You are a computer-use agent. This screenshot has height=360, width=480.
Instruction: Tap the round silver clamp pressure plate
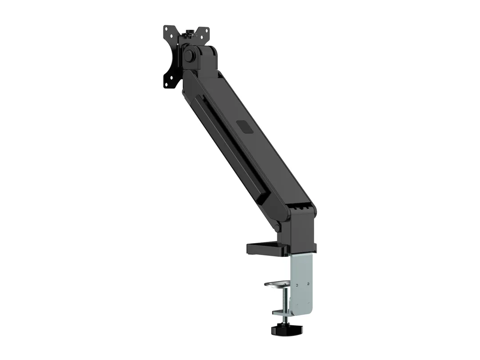277,283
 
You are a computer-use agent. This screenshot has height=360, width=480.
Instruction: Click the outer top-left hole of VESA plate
167,29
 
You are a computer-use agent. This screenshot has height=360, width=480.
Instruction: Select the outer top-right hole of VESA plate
207,31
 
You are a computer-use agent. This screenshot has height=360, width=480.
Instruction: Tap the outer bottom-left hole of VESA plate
167,84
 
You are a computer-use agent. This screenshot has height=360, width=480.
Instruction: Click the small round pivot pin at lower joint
277,228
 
